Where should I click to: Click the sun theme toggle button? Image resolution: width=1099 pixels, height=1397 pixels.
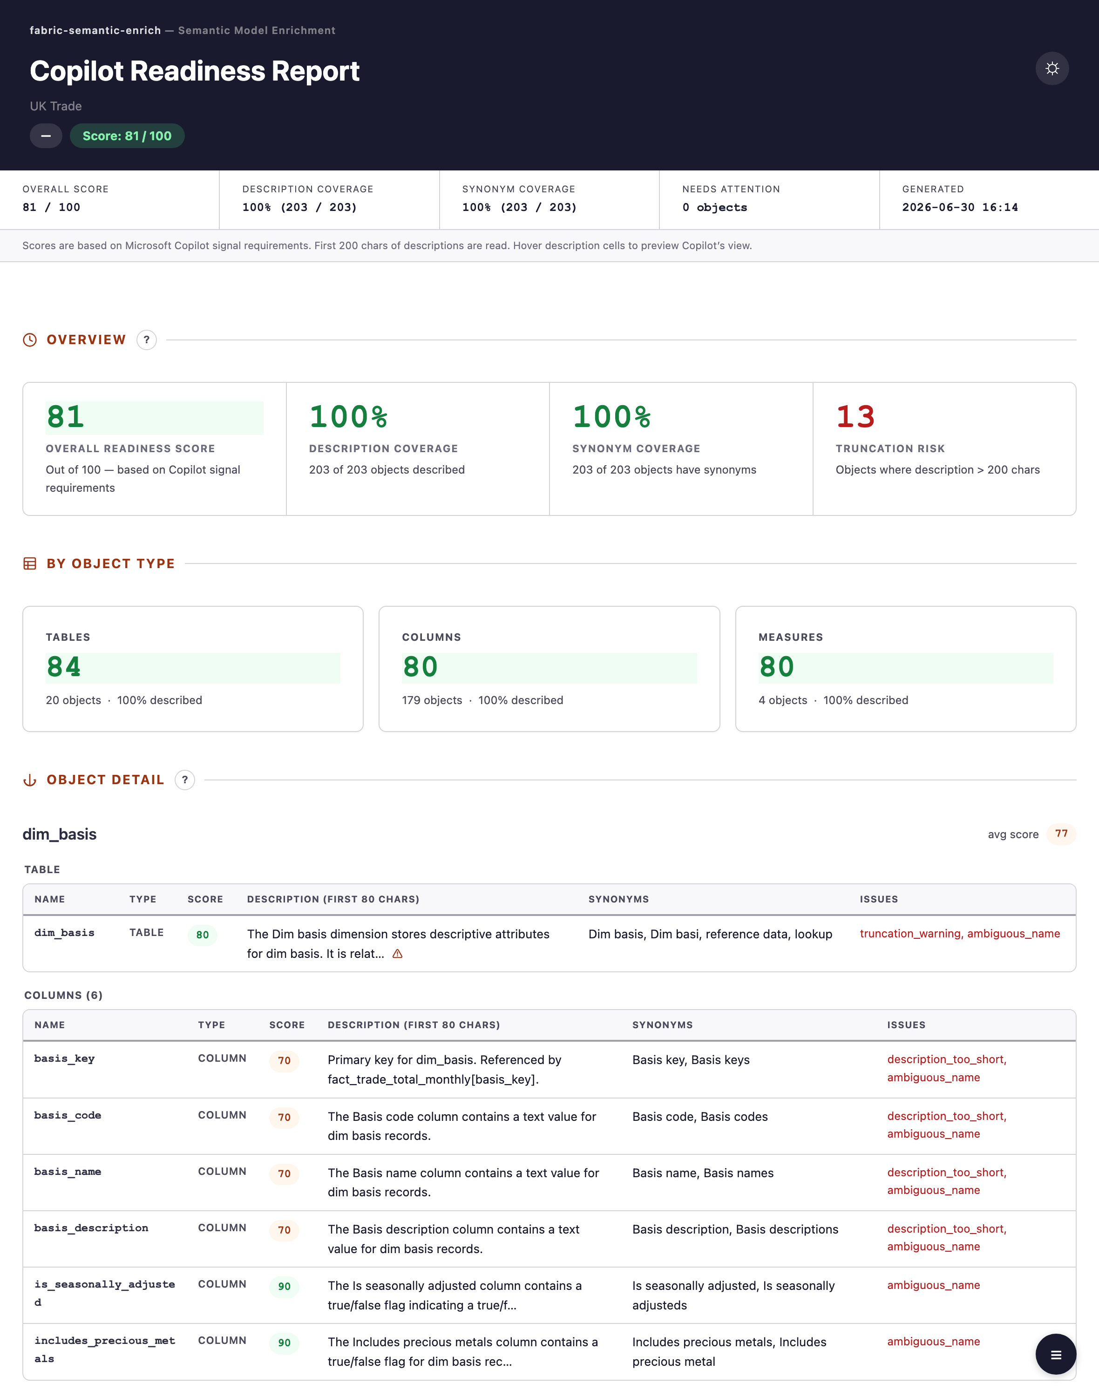point(1052,68)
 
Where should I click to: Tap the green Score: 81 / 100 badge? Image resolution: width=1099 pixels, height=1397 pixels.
point(127,136)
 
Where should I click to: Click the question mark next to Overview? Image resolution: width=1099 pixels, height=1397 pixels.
point(147,340)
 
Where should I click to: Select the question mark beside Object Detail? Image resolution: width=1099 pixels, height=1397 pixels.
point(185,780)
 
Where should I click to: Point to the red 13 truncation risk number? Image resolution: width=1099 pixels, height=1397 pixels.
point(855,416)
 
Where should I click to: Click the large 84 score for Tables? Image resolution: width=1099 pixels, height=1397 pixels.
point(64,667)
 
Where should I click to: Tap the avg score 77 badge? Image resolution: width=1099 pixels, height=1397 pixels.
point(1061,834)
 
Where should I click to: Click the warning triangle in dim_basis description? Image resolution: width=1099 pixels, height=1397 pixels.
point(398,954)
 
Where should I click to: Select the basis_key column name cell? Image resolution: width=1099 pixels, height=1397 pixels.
point(64,1058)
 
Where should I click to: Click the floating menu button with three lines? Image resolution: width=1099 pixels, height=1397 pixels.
point(1055,1355)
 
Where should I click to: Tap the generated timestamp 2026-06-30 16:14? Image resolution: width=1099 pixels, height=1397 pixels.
point(959,207)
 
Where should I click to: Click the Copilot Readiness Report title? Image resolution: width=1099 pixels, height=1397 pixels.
point(194,71)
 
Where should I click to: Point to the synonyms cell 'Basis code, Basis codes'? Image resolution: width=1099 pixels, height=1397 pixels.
point(700,1117)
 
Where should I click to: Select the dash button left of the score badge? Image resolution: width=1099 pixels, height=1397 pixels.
point(46,136)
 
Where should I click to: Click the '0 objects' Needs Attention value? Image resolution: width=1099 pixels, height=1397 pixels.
point(714,207)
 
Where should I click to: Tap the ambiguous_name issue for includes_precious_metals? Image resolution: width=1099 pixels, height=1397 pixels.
point(934,1342)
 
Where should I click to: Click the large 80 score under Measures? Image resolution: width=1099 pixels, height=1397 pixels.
point(777,667)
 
